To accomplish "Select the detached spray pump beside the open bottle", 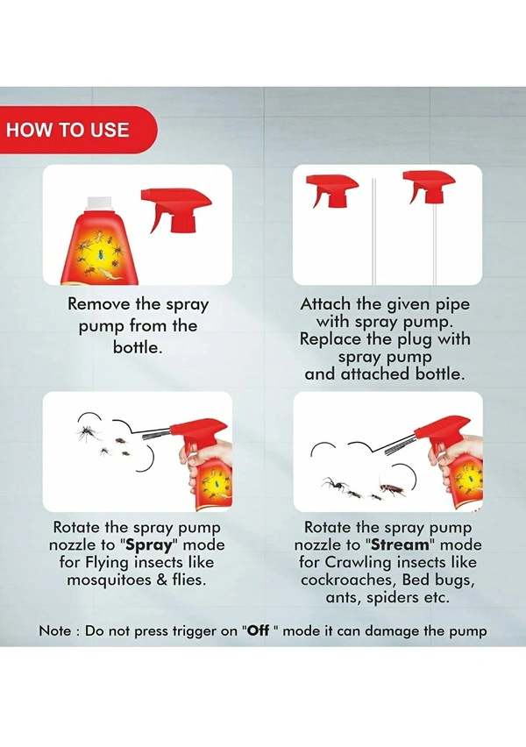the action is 176,207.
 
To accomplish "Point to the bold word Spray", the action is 149,544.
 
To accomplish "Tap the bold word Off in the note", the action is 259,630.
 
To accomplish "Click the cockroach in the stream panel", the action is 392,487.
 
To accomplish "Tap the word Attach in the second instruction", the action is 325,303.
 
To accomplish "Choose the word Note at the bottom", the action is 54,630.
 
